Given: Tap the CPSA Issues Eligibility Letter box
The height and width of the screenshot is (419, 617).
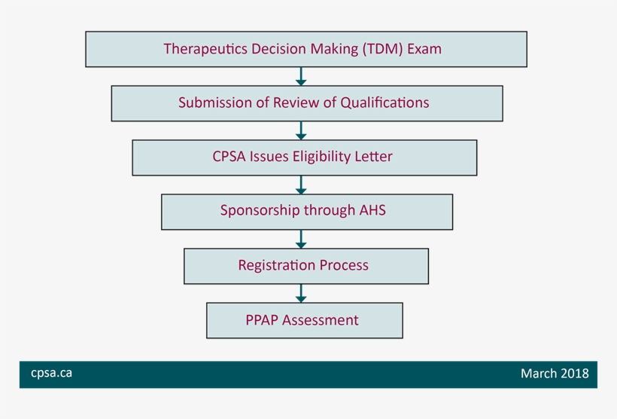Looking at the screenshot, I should coord(304,158).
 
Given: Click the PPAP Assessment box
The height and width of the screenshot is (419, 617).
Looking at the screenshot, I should coord(304,320).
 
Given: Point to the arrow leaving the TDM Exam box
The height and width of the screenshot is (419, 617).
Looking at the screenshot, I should coord(301,76).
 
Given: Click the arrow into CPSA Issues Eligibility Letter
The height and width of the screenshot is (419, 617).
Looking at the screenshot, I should coord(301,130).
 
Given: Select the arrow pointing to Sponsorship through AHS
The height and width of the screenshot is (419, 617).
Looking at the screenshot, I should coord(301,185).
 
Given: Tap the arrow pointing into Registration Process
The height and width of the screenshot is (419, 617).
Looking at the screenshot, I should coord(301,239).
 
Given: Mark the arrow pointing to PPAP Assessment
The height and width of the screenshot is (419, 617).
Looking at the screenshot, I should coord(301,293).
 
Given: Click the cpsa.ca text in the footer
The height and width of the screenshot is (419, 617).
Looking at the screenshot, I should coord(52,373).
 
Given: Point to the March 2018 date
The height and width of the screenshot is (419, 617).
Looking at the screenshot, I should coord(555,374).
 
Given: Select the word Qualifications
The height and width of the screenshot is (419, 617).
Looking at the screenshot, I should coord(384,103).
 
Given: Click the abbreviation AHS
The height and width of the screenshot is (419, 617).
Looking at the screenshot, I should coord(369,211).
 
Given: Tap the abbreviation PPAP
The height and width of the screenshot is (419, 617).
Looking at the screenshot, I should coord(263,320).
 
